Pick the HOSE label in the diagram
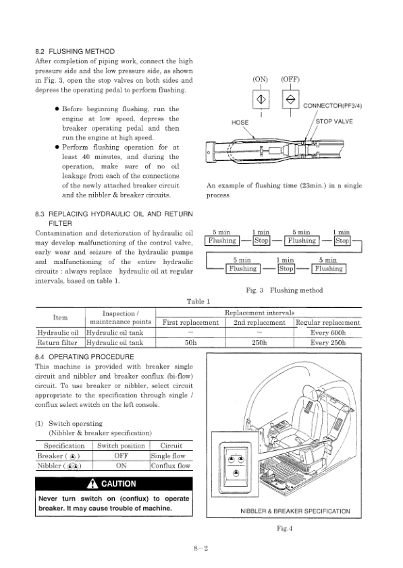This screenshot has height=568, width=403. click(240, 123)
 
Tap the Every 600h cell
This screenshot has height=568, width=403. click(328, 333)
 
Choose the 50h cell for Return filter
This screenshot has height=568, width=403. click(190, 342)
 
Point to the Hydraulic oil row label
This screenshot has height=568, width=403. click(58, 333)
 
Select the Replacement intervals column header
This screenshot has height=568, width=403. click(259, 313)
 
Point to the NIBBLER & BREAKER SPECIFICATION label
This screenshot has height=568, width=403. click(295, 511)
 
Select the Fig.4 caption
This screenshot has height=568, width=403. click(285, 528)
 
